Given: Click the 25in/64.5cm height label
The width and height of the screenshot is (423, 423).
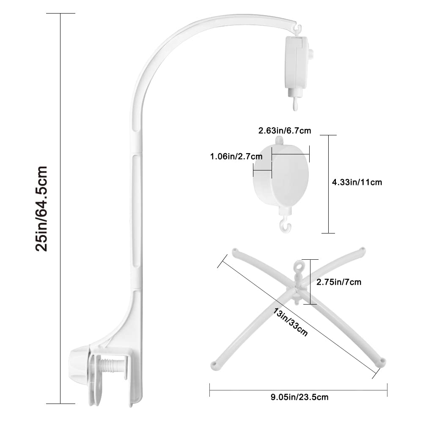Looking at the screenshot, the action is [x=41, y=209].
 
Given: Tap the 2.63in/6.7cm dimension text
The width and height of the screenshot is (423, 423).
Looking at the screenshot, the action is [x=285, y=131].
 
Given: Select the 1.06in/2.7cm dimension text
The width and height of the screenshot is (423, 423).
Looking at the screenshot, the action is [x=236, y=156].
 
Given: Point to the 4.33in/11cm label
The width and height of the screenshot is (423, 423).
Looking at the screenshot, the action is [x=357, y=182].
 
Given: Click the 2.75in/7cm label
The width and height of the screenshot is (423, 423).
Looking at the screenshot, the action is [x=339, y=282].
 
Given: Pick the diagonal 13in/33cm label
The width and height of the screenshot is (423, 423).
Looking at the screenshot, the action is [x=290, y=322].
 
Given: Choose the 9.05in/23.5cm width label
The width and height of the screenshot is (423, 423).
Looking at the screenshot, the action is [x=299, y=397].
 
